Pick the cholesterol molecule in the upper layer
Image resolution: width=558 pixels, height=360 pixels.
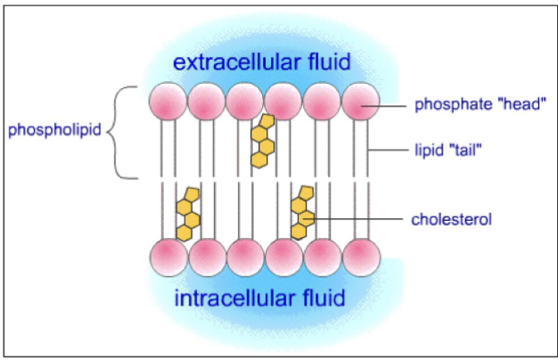(262, 140)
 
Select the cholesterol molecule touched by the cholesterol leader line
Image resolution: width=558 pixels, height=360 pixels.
(303, 212)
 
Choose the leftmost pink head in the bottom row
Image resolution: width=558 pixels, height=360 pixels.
(168, 257)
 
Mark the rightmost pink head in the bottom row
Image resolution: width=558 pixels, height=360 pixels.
(360, 257)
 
